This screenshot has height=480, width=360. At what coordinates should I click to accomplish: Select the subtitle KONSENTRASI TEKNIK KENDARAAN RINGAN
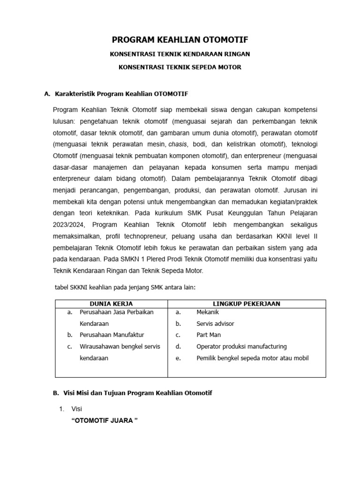click(180, 54)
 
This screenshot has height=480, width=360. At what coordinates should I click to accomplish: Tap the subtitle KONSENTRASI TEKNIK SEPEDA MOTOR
click(180, 67)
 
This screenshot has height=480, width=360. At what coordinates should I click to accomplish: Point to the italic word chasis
click(177, 144)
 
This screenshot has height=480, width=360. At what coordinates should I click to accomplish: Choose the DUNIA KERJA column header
click(111, 303)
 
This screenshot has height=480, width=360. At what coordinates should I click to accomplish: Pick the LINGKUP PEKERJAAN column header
click(247, 303)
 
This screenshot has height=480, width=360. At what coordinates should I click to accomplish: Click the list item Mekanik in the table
click(208, 312)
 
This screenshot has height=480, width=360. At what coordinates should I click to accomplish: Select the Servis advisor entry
click(215, 323)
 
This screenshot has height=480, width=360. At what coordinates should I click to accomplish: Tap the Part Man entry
click(209, 335)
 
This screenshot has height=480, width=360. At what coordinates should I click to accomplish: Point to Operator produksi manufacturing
click(241, 346)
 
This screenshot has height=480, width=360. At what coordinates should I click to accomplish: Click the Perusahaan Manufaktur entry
click(112, 335)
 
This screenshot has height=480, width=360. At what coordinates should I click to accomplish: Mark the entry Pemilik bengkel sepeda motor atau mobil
click(253, 358)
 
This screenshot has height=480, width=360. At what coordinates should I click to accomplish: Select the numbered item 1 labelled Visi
click(76, 409)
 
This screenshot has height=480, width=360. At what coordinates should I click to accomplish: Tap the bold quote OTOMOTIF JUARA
click(105, 420)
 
